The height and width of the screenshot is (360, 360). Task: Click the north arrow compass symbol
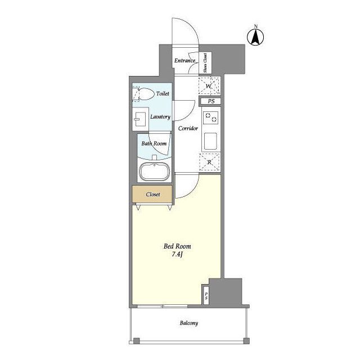tap(255, 37)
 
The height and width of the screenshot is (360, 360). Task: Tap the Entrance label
tap(185, 61)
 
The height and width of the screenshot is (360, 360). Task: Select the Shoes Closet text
tap(205, 62)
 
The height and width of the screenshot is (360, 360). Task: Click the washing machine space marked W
tap(209, 86)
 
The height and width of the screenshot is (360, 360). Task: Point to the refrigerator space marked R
tap(209, 163)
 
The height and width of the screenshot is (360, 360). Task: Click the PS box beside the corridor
tap(211, 101)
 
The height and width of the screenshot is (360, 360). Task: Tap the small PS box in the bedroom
tap(206, 296)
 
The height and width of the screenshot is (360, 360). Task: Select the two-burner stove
tap(211, 117)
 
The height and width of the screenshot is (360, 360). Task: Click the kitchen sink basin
tap(210, 141)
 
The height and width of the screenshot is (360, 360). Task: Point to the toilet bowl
tap(145, 94)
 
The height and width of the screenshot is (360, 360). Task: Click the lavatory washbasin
tap(140, 119)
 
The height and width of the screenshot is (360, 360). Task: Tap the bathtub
tap(155, 172)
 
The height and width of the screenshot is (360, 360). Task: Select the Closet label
tap(153, 195)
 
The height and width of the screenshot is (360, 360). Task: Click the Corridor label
tap(188, 128)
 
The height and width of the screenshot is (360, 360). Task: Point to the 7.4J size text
tap(177, 254)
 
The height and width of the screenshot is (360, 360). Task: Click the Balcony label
tap(189, 323)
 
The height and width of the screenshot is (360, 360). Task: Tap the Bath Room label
tap(154, 144)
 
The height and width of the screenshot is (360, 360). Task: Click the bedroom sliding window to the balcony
tap(163, 306)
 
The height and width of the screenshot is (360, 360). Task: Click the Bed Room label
tap(177, 246)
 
